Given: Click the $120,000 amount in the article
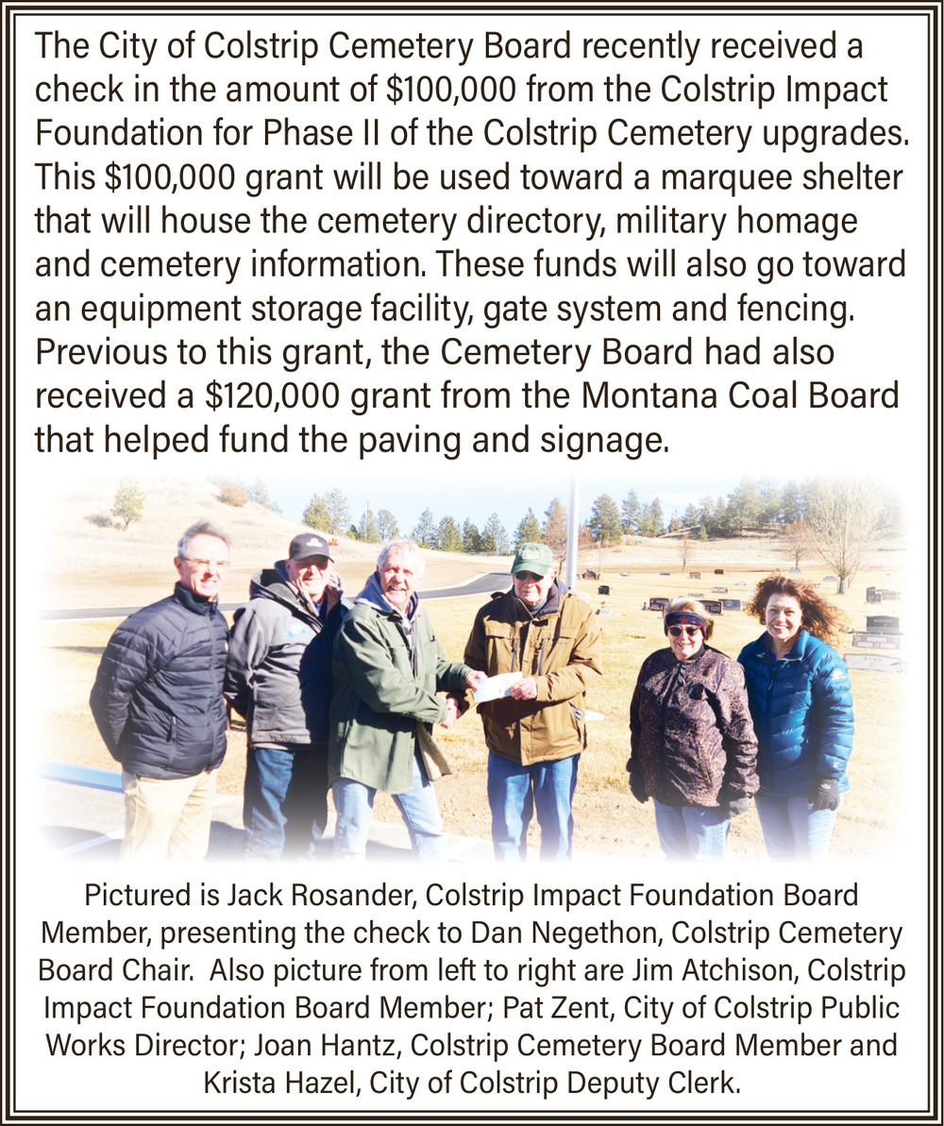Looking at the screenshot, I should (272, 395).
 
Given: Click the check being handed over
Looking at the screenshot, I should (497, 686).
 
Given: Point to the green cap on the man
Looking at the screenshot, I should (532, 560).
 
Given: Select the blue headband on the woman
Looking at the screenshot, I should (685, 619).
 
